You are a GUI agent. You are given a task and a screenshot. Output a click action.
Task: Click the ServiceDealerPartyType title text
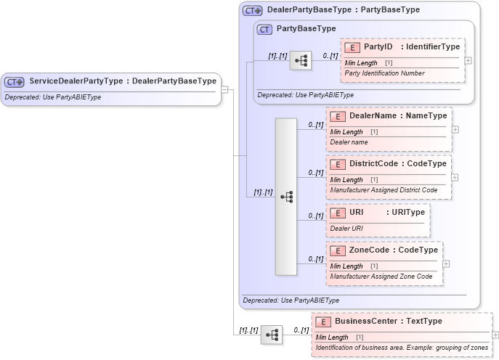click(122, 81)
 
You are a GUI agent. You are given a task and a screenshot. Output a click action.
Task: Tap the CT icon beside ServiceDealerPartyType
click(15, 82)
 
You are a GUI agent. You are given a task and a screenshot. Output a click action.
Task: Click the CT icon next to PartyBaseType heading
click(264, 29)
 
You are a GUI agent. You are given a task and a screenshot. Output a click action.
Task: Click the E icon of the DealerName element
click(337, 116)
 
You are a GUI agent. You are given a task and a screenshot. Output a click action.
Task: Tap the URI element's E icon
click(337, 212)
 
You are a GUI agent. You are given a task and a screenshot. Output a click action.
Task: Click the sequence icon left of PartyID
click(300, 61)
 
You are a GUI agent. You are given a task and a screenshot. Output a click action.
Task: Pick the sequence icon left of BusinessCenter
click(272, 335)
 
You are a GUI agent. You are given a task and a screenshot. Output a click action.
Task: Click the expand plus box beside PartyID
click(468, 61)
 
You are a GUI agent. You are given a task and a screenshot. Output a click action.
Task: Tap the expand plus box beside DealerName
click(455, 129)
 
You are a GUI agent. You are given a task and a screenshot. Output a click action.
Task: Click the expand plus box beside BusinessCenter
click(495, 335)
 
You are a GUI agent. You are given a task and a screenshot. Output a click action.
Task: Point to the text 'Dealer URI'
click(346, 228)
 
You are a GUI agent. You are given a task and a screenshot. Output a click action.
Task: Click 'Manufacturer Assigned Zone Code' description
click(381, 277)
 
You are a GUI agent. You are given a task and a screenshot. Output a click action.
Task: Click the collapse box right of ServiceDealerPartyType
click(224, 90)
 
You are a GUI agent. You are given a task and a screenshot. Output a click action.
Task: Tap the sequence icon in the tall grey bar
click(286, 197)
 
